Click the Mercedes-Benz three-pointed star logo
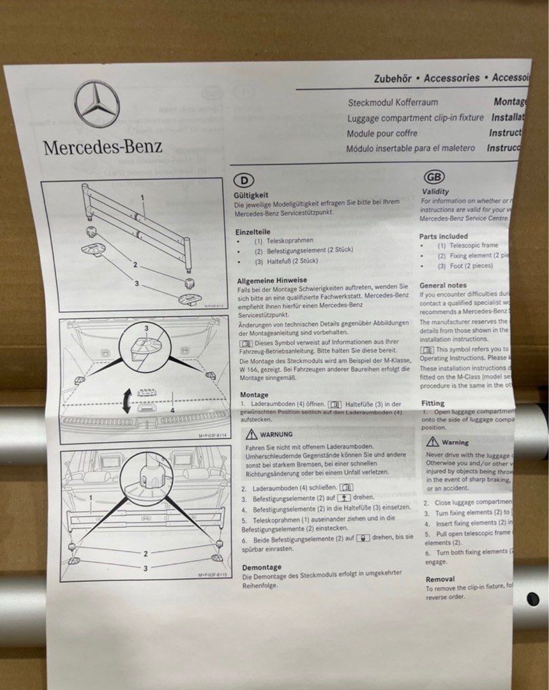click(97, 103)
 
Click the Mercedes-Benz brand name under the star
click(103, 146)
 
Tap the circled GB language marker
click(434, 177)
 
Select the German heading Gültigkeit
click(251, 194)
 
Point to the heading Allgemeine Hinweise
click(271, 280)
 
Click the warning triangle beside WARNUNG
click(252, 434)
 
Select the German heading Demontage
click(261, 567)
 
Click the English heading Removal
click(440, 579)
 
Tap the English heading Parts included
click(443, 236)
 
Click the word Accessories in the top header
click(451, 78)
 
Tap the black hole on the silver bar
click(532, 599)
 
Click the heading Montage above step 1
click(255, 395)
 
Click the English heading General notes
click(442, 285)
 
